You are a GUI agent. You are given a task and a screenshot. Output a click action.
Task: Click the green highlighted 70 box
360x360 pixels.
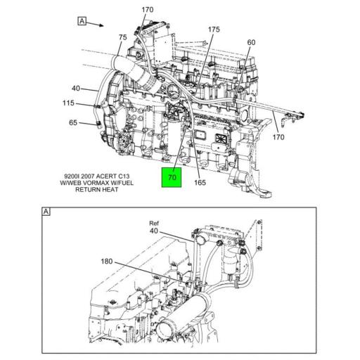(x=172, y=177)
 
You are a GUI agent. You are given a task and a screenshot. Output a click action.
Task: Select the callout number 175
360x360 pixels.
(x=214, y=30)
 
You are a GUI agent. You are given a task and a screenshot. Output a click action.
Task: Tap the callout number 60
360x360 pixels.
(x=251, y=42)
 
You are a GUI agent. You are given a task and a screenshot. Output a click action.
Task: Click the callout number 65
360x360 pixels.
(x=73, y=123)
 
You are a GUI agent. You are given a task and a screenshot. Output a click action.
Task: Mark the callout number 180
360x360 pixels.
(x=106, y=261)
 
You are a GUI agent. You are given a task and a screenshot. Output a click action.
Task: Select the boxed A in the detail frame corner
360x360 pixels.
(x=46, y=211)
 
